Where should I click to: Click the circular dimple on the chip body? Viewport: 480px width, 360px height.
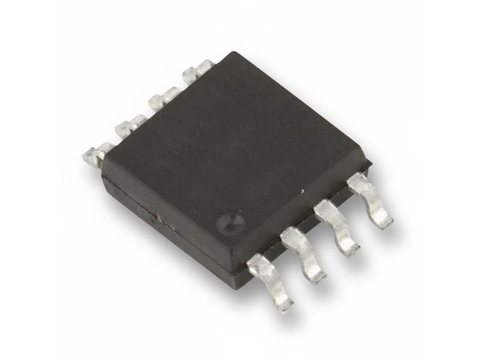click(x=230, y=221)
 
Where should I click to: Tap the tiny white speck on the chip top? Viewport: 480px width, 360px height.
click(x=303, y=191)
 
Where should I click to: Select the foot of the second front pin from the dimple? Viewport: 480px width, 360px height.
click(x=314, y=275)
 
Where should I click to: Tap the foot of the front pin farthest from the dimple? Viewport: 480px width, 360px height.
click(x=380, y=220)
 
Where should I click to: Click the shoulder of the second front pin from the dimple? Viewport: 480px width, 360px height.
click(x=292, y=237)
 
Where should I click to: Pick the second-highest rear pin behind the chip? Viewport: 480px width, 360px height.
click(x=163, y=98)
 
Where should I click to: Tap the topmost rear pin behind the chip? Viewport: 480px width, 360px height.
click(x=197, y=73)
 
